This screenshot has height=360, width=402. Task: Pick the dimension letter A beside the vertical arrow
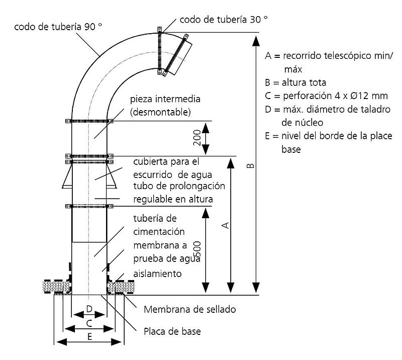[226, 225]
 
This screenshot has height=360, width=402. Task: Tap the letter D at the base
[89, 308]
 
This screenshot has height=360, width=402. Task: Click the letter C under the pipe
[89, 322]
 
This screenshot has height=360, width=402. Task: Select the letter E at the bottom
[89, 337]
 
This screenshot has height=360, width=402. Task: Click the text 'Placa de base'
[172, 332]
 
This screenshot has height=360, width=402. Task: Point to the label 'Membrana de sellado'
[189, 309]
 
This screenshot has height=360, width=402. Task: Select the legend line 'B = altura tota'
[296, 82]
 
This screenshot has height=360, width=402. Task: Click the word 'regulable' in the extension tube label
[151, 199]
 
